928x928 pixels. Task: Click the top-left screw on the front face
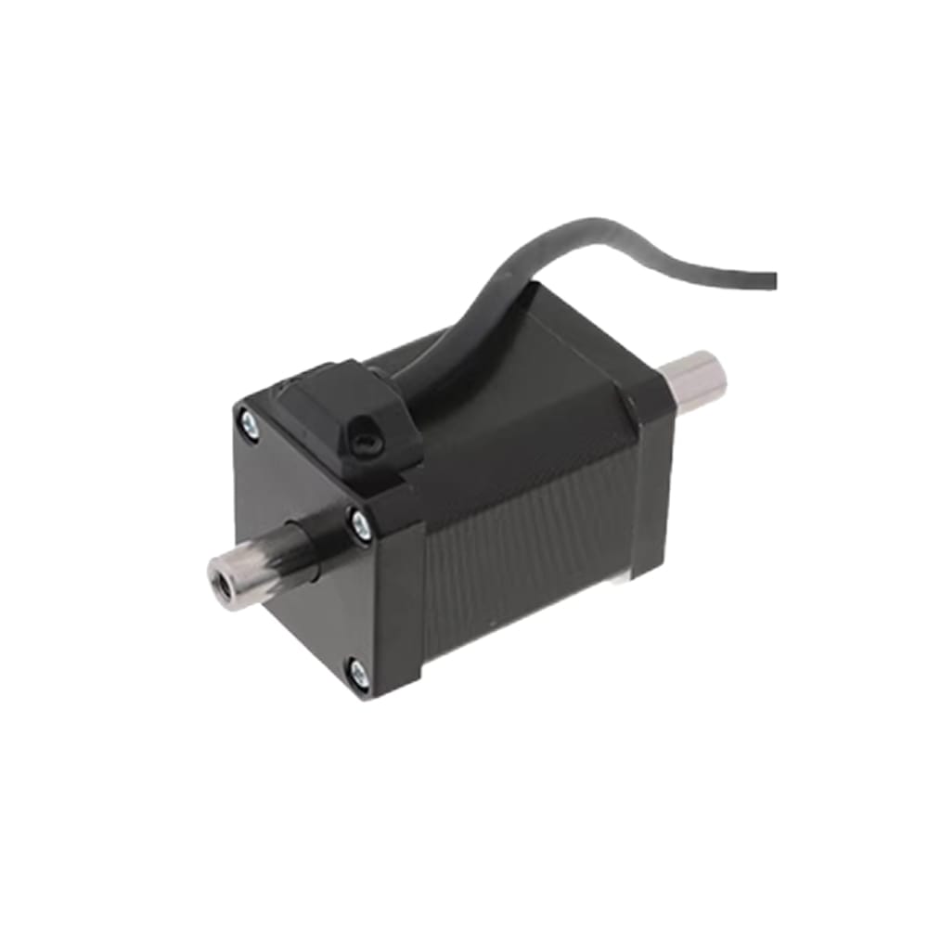249,425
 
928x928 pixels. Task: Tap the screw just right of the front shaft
360,526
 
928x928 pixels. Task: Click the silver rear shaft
694,375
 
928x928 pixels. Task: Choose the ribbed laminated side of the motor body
529,548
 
